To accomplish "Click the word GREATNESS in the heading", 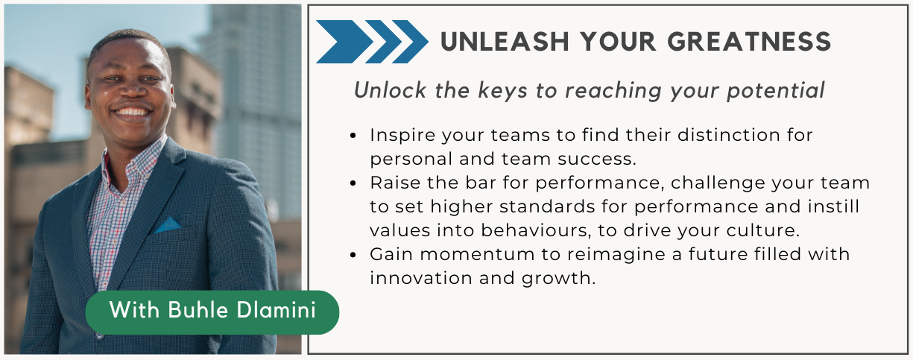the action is pyautogui.click(x=749, y=42).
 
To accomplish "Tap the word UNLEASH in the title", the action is pyautogui.click(x=505, y=42).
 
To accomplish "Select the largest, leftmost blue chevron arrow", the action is pyautogui.click(x=344, y=42).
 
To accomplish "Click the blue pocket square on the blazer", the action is pyautogui.click(x=168, y=225).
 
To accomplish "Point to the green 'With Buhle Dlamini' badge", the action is pyautogui.click(x=212, y=312).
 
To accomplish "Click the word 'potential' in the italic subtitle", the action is pyautogui.click(x=776, y=90).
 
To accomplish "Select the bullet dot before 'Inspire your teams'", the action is pyautogui.click(x=353, y=136).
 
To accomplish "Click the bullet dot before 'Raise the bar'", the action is pyautogui.click(x=353, y=183).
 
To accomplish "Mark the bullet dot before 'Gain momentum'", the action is pyautogui.click(x=353, y=255).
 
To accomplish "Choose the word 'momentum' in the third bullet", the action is pyautogui.click(x=477, y=254).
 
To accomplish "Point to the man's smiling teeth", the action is pyautogui.click(x=132, y=112).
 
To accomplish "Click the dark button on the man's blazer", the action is pyautogui.click(x=99, y=335).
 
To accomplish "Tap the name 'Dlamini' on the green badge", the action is pyautogui.click(x=276, y=310).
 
